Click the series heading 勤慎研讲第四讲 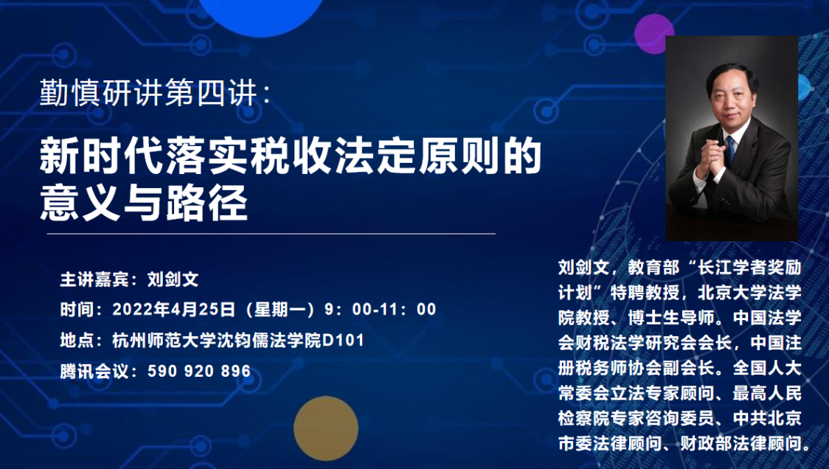(148, 93)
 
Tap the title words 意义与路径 (144, 204)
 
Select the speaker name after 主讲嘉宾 (173, 279)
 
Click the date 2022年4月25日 (174, 309)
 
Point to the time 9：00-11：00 (380, 309)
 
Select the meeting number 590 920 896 (199, 371)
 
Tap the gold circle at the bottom (326, 428)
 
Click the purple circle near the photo (654, 34)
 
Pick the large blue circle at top (261, 13)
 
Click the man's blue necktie (730, 148)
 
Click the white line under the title (271, 233)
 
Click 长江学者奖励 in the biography (749, 268)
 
